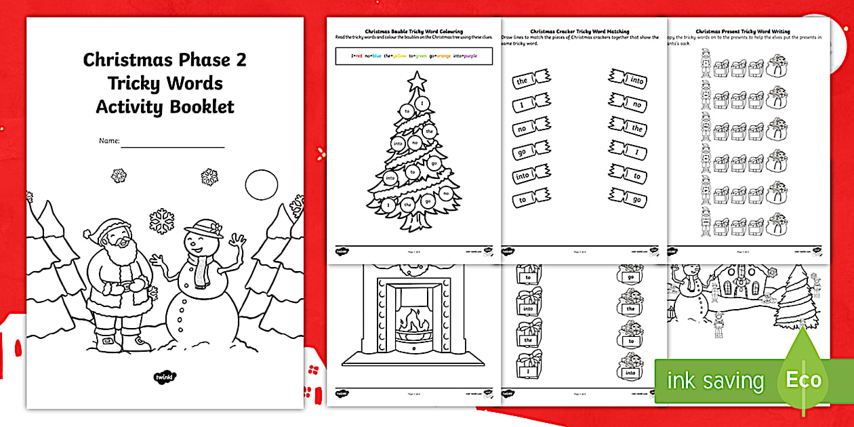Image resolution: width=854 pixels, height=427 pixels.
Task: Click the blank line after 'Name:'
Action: (x=173, y=142)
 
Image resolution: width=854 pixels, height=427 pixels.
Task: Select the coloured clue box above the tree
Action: (x=413, y=56)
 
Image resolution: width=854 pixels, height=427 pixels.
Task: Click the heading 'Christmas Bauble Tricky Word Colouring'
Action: (x=413, y=31)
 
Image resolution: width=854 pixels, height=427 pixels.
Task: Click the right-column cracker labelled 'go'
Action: (x=628, y=199)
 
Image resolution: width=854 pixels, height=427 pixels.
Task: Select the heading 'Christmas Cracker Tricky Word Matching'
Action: (x=579, y=31)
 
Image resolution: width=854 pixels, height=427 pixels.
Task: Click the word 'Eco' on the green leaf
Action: (x=803, y=380)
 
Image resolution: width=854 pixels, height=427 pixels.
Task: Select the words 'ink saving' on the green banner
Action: (x=715, y=381)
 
